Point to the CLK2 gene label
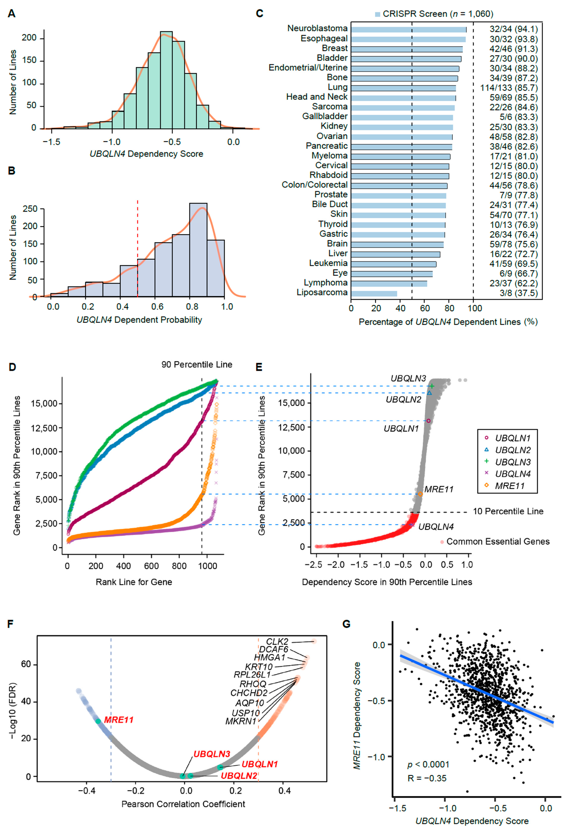point(277,641)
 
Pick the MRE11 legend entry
point(509,486)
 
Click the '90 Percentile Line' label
point(197,364)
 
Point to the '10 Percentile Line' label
point(508,511)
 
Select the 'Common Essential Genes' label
point(498,541)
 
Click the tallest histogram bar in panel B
point(198,250)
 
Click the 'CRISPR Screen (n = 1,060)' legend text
point(438,14)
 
